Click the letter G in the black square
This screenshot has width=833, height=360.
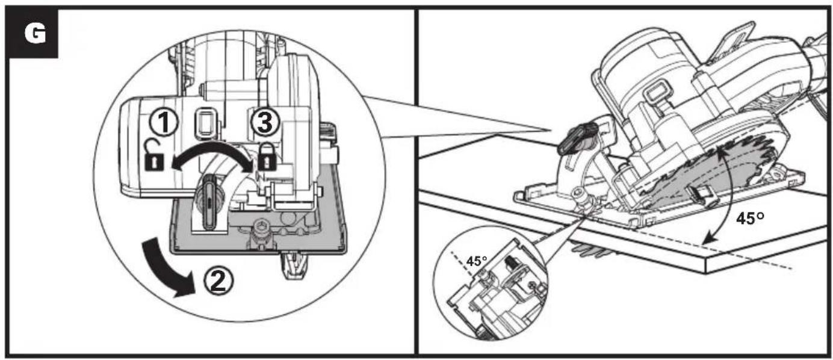[36, 34]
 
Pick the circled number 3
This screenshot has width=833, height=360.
[265, 122]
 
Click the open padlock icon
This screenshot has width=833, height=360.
[154, 155]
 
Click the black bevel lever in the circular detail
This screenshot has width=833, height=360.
[209, 202]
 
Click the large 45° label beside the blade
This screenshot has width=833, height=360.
[750, 219]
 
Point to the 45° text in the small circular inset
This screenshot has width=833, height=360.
[476, 261]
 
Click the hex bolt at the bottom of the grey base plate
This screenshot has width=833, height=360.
[261, 228]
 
